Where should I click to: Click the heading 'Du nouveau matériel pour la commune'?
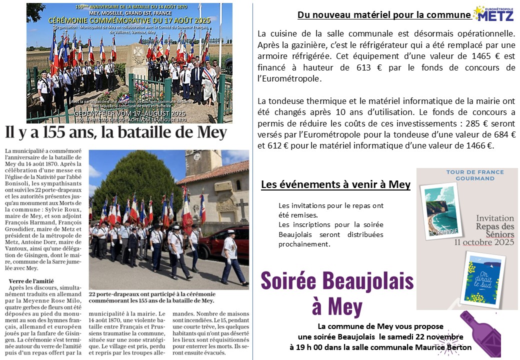[x=384, y=15]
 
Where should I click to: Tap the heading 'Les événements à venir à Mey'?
[x=335, y=184]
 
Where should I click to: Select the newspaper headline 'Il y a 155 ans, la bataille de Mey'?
[x=115, y=133]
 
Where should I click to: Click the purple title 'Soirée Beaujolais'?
[x=337, y=280]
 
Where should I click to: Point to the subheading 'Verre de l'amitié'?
[x=28, y=282]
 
